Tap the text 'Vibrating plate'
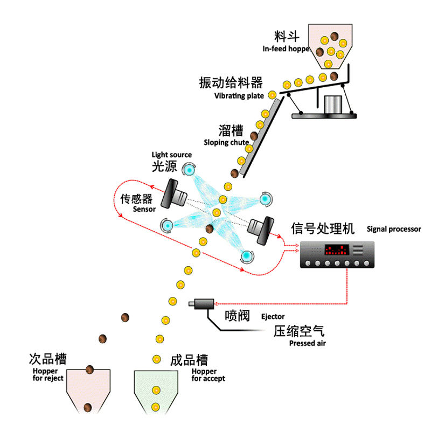239,96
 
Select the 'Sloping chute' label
226,143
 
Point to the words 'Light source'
171,155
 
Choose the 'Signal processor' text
394,229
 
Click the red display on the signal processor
336,250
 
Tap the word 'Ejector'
273,317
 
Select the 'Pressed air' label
307,343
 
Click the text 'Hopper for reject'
44,374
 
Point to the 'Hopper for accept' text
208,375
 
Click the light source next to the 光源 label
189,169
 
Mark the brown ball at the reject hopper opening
90,370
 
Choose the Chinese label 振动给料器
231,83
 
